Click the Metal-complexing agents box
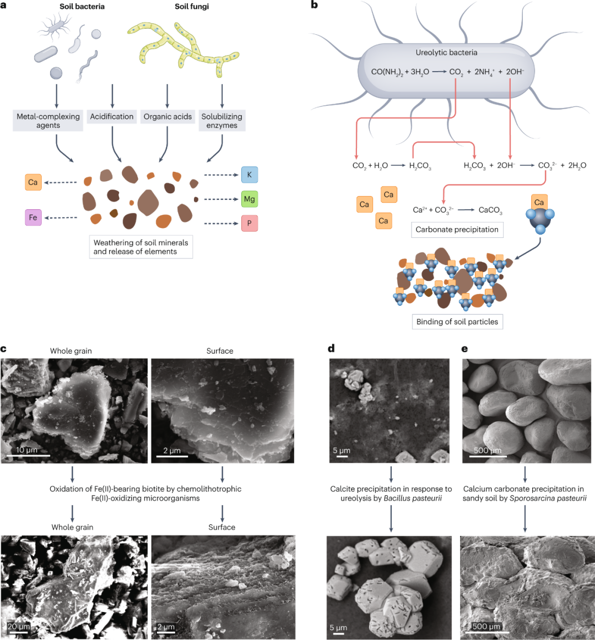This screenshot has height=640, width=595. pos(48,121)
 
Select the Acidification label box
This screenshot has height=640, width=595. pos(112,116)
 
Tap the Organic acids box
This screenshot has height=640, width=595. pos(167,116)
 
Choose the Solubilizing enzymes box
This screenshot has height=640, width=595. pos(221,121)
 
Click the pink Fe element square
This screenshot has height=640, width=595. pos(33,218)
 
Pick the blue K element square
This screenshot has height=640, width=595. pos(249,175)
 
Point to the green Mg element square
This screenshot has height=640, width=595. pos(249,199)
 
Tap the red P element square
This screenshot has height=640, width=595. pos(249,223)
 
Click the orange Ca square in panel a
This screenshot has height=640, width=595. pos(33,182)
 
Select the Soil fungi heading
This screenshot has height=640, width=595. pos(192,7)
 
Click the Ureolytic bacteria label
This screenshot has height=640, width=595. pos(446,52)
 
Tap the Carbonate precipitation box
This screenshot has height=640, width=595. pos(457,230)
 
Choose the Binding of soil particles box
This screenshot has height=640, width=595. pos(457,322)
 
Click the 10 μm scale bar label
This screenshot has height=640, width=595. pos(26,450)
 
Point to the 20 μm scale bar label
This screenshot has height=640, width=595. pos(19,627)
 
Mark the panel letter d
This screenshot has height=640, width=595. pos(331,348)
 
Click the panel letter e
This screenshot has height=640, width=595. pos(464,348)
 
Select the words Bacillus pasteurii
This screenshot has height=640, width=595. pos(413,498)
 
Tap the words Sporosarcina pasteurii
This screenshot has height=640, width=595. pos(548,498)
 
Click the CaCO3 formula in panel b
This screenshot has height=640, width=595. pos(490,210)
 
